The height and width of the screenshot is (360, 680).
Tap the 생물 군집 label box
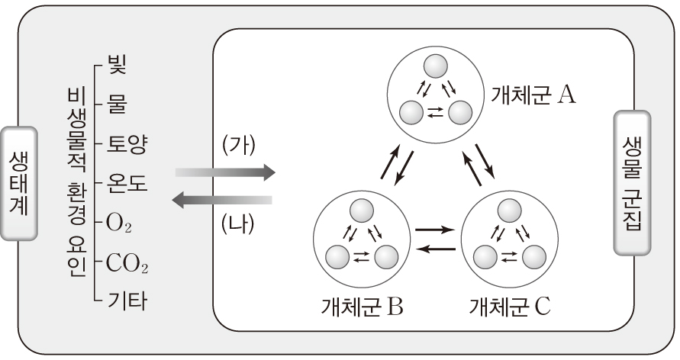tap(632, 184)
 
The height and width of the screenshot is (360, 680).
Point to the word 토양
tap(127, 143)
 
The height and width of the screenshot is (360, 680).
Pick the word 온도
tap(127, 183)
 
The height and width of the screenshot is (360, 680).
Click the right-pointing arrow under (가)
tap(224, 172)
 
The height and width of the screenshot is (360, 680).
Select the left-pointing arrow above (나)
tap(221, 201)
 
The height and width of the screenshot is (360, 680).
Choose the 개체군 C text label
tap(509, 309)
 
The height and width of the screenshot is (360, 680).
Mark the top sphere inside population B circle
tap(359, 210)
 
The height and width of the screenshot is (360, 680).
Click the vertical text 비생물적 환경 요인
tap(75, 183)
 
